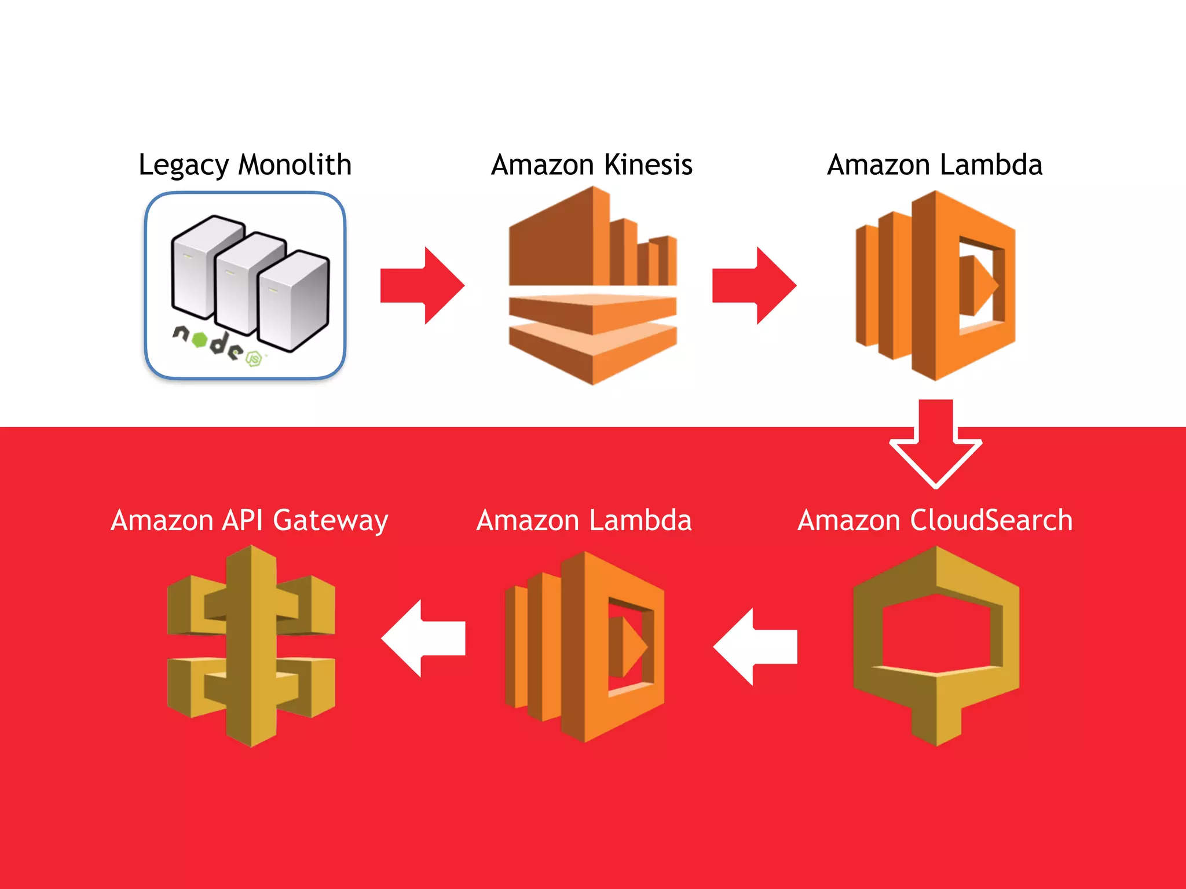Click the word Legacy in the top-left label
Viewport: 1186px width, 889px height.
(x=184, y=166)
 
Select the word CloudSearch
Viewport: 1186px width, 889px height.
(x=991, y=520)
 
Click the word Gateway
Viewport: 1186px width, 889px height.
(x=330, y=520)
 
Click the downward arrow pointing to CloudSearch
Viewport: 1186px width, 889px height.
(x=935, y=443)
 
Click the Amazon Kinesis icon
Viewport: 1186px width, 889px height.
(x=592, y=285)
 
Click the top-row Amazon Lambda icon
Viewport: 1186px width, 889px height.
(x=935, y=285)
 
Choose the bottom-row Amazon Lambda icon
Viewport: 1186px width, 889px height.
(x=584, y=646)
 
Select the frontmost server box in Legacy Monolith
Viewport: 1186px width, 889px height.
(x=293, y=301)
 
